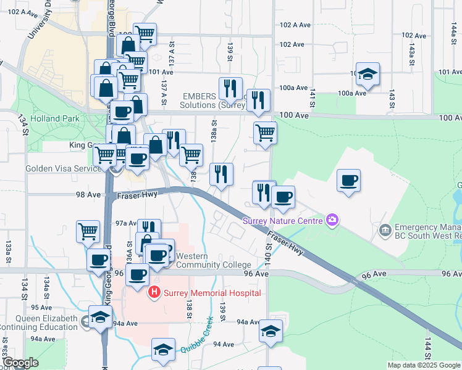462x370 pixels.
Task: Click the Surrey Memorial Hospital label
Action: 211,293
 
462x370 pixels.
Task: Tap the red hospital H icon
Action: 155,292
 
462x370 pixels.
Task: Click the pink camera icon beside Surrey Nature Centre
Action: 333,220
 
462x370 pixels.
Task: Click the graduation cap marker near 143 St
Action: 368,75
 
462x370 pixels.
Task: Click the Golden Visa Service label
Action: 59,168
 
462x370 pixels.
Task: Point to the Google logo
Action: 20,363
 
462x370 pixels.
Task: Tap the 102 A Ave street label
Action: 295,25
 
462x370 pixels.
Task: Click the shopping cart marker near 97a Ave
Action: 88,232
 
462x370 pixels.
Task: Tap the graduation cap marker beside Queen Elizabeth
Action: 99,317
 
